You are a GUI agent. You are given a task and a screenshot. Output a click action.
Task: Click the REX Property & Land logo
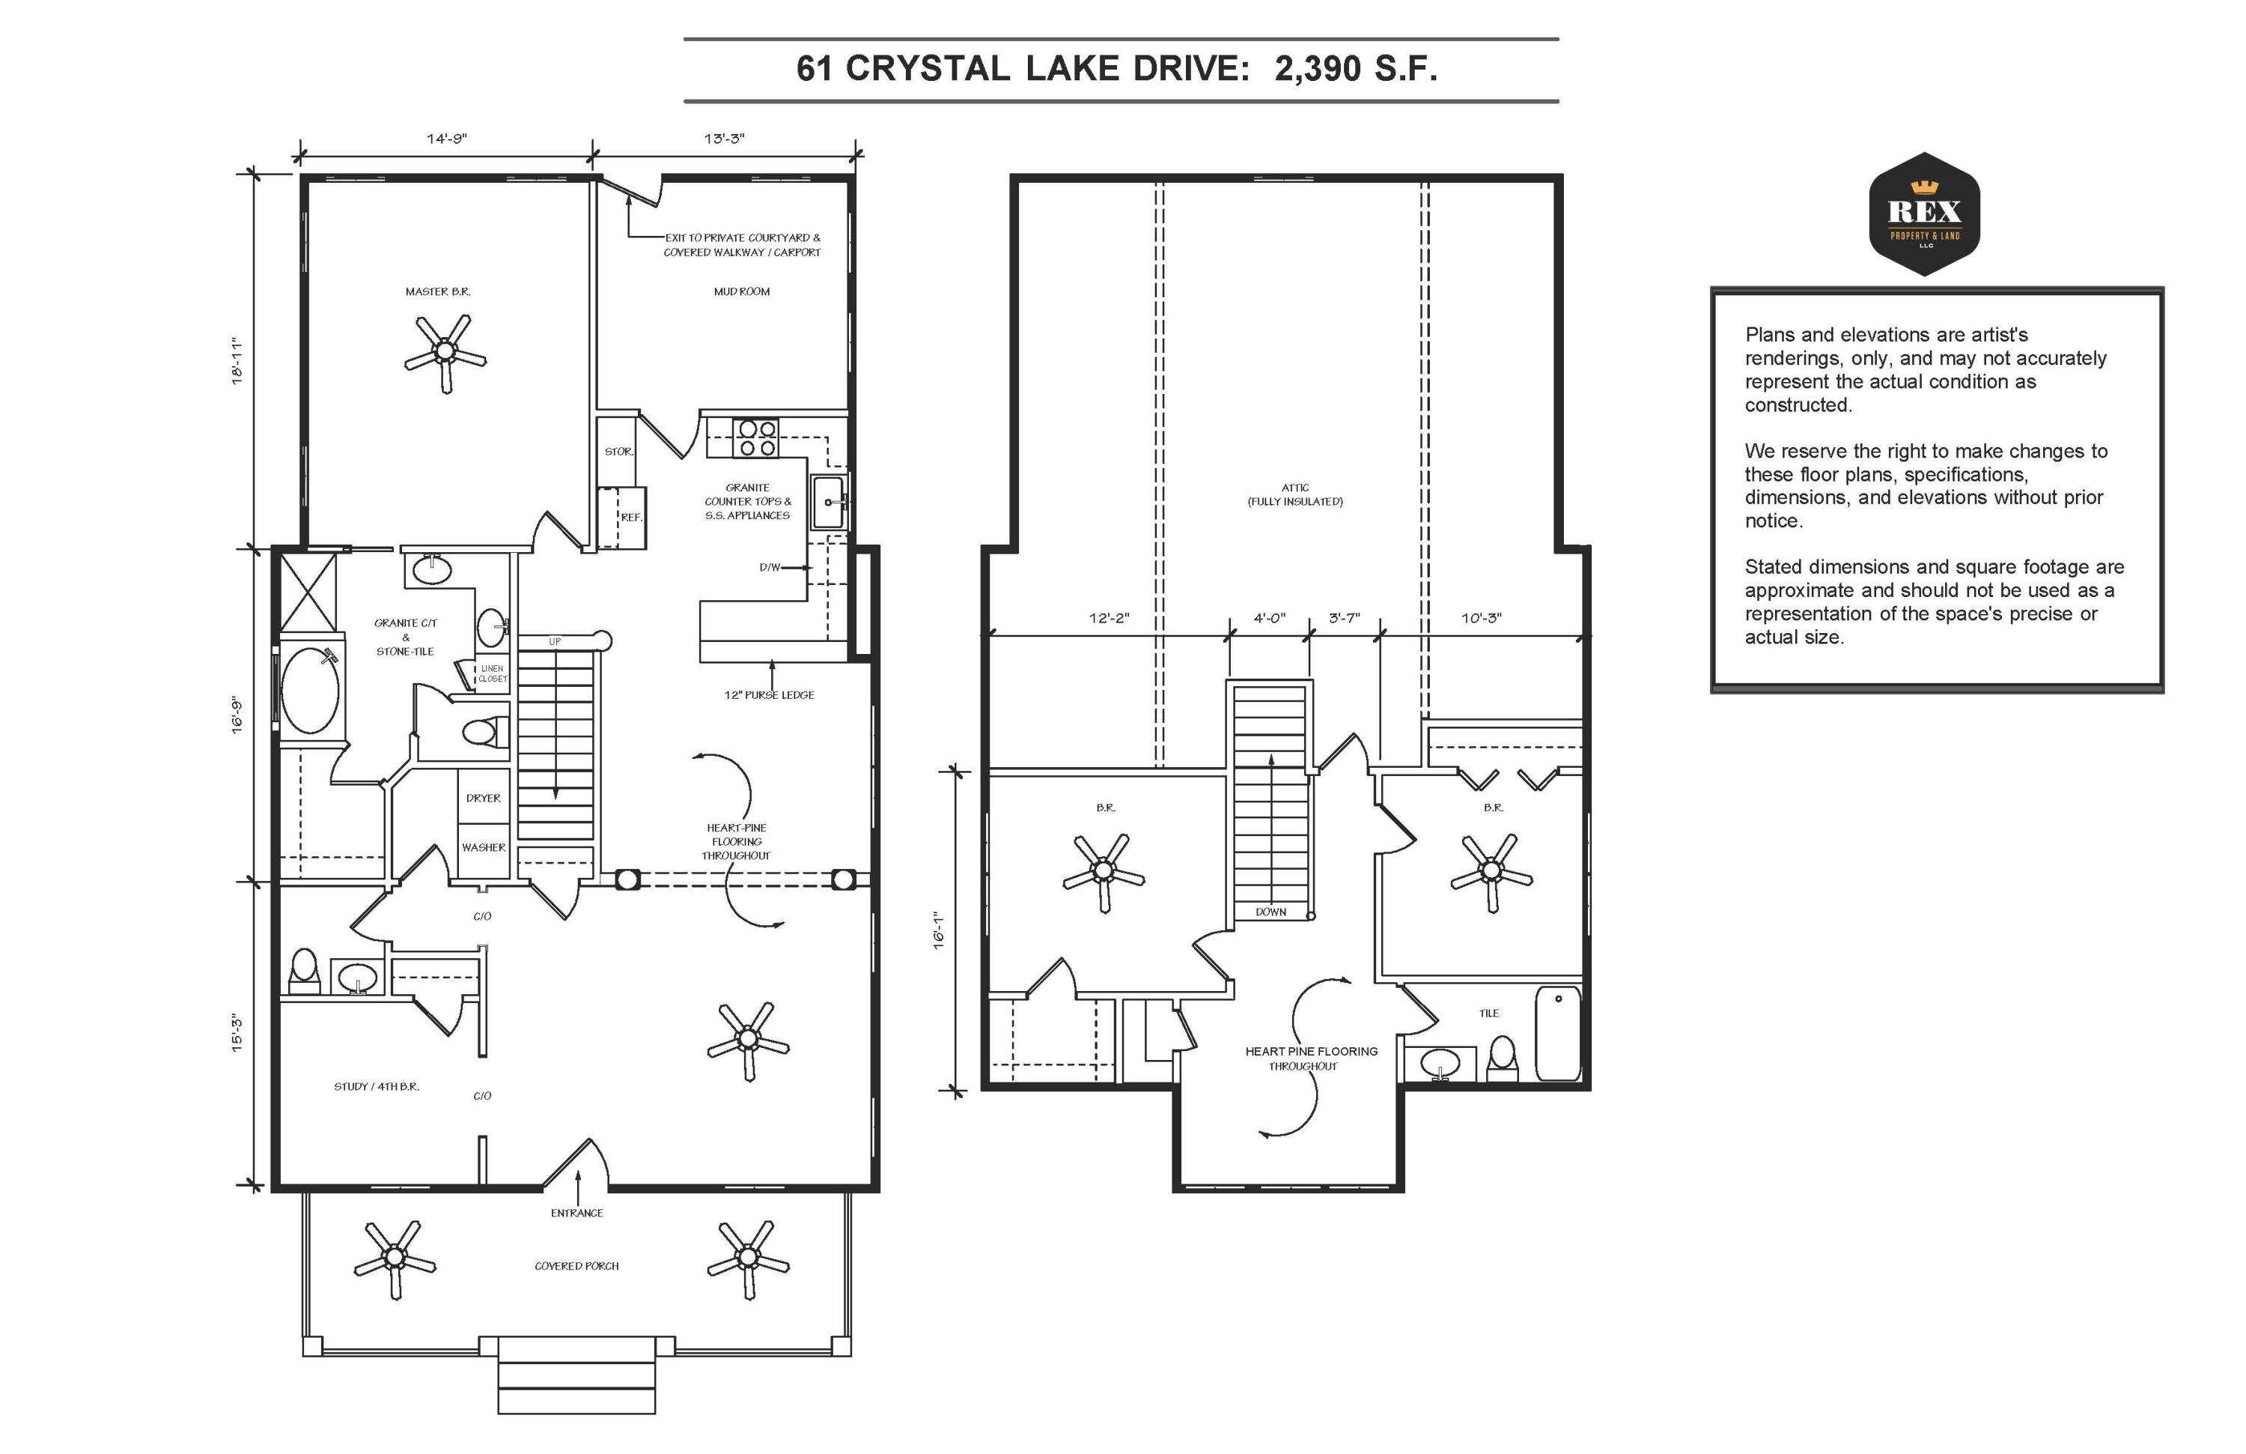[x=1924, y=214]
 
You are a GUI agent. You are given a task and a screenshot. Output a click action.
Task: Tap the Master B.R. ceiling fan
[x=445, y=353]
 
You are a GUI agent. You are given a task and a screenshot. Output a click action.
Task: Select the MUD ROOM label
[x=742, y=291]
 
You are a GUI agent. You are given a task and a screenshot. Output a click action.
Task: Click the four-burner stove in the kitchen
[x=757, y=438]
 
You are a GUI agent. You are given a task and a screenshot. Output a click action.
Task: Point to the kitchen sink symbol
[x=829, y=501]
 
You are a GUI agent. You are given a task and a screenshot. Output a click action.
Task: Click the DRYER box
[x=483, y=798]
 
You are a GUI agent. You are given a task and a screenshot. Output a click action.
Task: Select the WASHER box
[x=483, y=848]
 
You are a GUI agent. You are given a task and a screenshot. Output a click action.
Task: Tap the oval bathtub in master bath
[x=311, y=689]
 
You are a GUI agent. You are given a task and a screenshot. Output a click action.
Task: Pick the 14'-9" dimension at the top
[x=446, y=139]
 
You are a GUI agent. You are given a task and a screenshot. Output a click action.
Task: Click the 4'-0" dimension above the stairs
[x=1269, y=619]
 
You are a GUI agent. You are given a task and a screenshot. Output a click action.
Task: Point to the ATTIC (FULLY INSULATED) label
[x=1294, y=494]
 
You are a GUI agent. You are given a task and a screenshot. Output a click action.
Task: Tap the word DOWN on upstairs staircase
[x=1270, y=912]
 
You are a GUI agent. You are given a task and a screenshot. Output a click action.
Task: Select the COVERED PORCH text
[x=576, y=1266]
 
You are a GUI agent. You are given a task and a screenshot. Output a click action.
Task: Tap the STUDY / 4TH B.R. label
[x=377, y=1087]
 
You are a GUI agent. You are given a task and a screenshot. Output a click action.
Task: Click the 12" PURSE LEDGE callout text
[x=769, y=695]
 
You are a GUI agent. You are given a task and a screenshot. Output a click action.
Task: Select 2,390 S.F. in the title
[x=1356, y=69]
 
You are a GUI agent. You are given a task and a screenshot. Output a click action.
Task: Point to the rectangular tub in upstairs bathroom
[x=1558, y=1034]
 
